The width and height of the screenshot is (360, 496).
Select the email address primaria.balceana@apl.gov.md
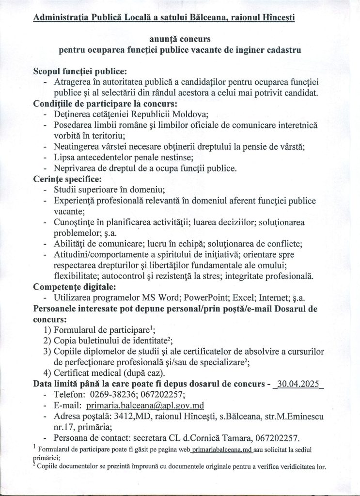point(145,405)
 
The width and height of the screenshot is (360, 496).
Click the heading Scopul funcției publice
point(80,71)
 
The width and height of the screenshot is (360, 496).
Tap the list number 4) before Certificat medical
point(47,373)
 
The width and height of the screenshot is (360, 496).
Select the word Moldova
point(190,114)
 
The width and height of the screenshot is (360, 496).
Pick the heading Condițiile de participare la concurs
point(105,103)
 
